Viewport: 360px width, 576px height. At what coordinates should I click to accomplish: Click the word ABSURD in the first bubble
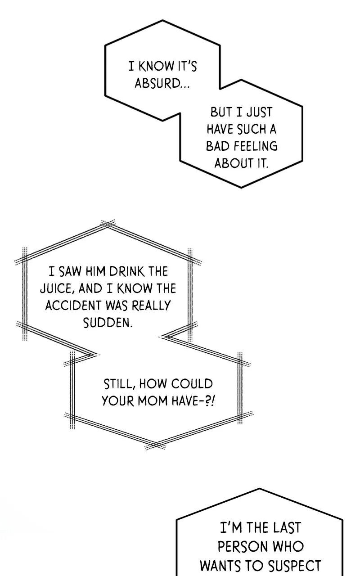coord(157,83)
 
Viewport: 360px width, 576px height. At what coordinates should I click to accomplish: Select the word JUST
coord(259,112)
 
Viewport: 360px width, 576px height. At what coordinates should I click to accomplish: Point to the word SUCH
coord(251,129)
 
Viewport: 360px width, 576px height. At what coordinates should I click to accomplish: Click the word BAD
coord(218,146)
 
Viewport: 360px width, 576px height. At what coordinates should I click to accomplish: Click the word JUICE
coord(56,288)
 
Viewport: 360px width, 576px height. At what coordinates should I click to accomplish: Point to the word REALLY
coord(151,305)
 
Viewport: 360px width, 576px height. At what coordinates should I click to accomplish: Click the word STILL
coord(118,384)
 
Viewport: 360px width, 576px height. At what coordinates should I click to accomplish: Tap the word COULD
coord(192,384)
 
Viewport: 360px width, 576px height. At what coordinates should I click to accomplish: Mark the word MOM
coord(153,401)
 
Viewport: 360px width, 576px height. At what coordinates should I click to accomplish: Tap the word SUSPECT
coord(295,565)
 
